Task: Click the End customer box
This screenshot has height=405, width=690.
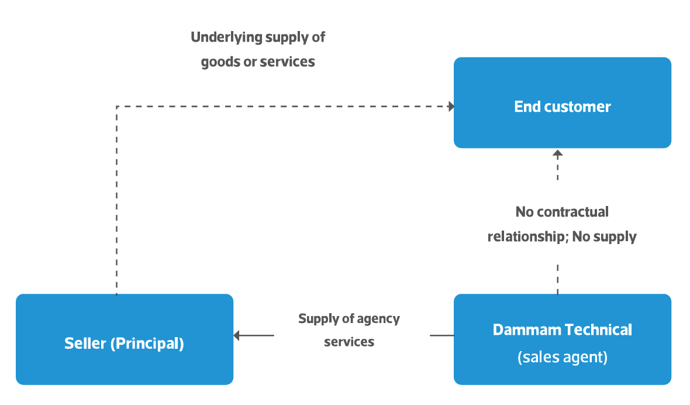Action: point(562,102)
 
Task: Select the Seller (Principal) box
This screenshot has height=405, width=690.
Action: point(124,339)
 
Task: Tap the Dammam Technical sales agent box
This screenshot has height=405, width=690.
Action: point(562,339)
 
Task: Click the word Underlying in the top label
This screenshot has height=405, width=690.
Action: point(226,37)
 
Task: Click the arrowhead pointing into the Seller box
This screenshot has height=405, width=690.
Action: point(237,335)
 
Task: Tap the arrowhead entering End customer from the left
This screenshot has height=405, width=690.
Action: point(451,107)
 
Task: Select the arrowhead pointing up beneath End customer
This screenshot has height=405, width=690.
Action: point(557,154)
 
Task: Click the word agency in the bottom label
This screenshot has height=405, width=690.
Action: point(379,319)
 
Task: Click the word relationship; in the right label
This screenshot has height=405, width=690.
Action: point(527,236)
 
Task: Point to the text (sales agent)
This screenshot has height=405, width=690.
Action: point(562,357)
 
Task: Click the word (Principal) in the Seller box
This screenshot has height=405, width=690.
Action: point(147,344)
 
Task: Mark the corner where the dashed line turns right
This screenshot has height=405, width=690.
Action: point(117,107)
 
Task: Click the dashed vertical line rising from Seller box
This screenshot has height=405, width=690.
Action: point(117,205)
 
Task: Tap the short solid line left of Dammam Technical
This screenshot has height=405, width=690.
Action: point(441,335)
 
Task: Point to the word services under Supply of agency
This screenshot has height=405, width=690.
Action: point(349,342)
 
